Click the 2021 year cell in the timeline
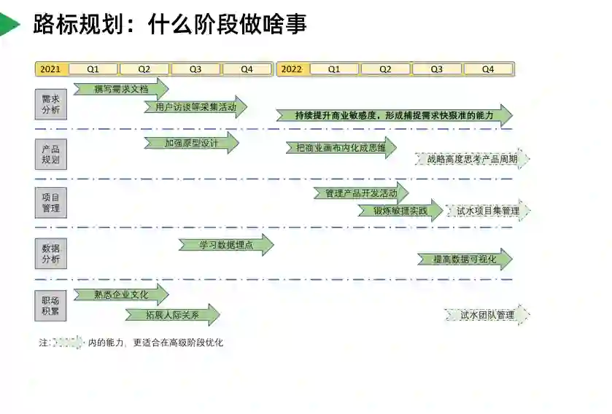(x=51, y=69)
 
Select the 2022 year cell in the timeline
(x=292, y=69)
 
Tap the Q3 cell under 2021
(x=195, y=69)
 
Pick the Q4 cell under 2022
(x=488, y=69)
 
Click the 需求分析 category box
(x=51, y=104)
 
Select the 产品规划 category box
(x=51, y=154)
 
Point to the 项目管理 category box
(x=51, y=203)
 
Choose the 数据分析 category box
(x=51, y=254)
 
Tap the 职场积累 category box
(x=51, y=305)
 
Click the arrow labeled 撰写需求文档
(x=121, y=89)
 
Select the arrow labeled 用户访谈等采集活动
(x=195, y=107)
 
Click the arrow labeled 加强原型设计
(x=191, y=143)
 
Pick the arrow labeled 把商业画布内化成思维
(x=341, y=148)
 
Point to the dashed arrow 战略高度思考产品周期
(x=473, y=159)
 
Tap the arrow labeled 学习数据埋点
(x=226, y=245)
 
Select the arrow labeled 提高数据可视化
(x=465, y=259)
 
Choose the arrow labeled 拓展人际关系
(x=172, y=315)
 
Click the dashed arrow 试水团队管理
(x=487, y=316)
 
